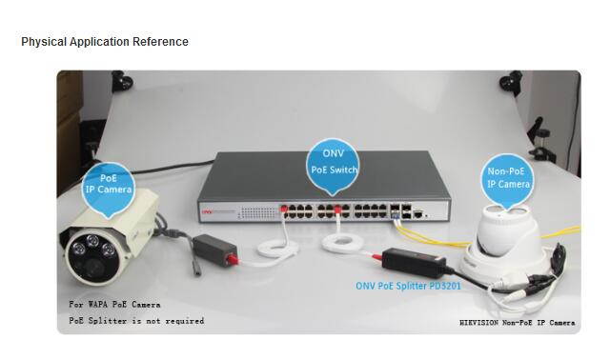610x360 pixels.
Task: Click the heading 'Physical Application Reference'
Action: (x=105, y=42)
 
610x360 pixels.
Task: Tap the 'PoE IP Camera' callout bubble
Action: (x=108, y=185)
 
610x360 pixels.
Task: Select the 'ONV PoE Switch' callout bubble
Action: (x=333, y=163)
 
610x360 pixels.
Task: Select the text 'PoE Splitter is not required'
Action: (x=136, y=321)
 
